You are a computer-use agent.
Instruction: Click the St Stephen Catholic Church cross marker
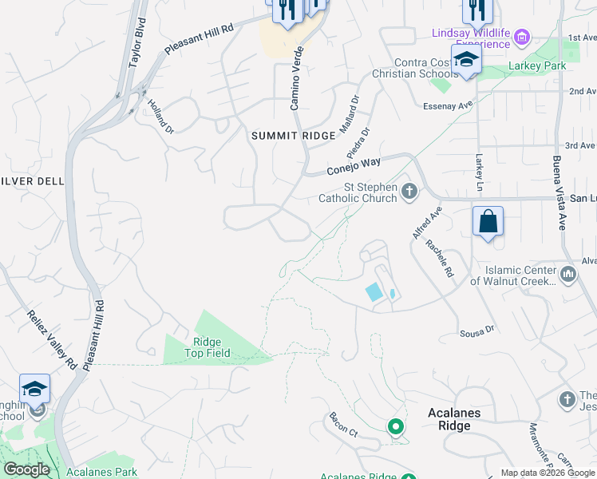click(x=409, y=191)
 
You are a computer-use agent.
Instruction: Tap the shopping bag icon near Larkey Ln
click(x=488, y=221)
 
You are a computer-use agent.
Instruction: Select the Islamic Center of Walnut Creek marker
click(x=568, y=275)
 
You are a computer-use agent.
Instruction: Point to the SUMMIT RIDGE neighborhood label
click(x=294, y=137)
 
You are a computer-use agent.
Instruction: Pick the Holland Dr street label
click(x=160, y=116)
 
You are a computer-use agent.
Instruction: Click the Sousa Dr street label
click(x=478, y=330)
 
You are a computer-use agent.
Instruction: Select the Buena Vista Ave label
click(x=559, y=192)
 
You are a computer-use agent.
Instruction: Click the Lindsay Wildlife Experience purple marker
click(x=522, y=36)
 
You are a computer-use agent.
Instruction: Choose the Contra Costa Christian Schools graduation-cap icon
click(x=466, y=60)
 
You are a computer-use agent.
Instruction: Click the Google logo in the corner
click(x=26, y=469)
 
